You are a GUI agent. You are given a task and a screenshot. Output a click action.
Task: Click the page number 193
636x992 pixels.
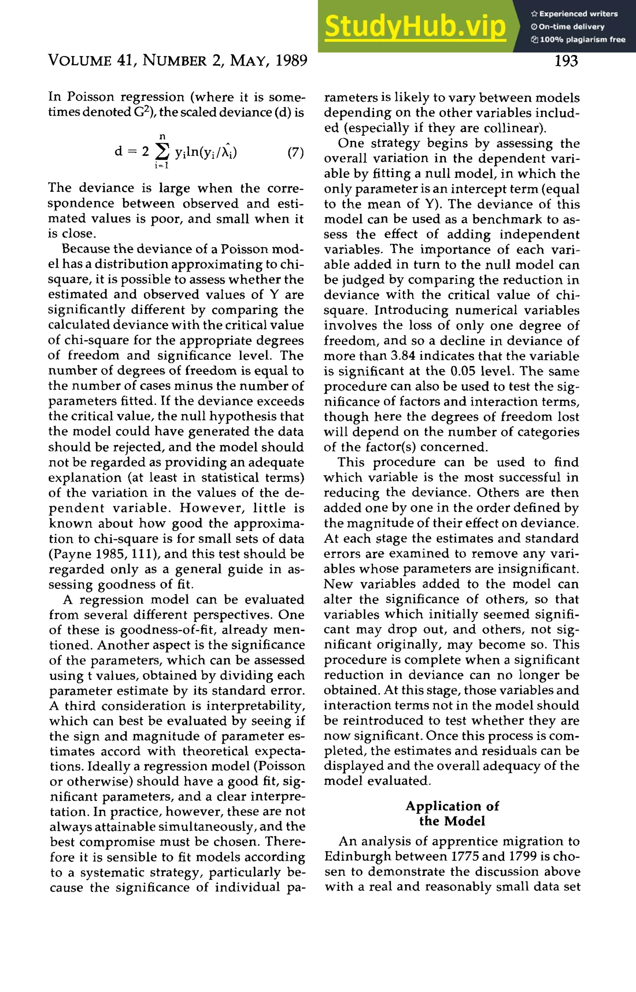[x=566, y=61]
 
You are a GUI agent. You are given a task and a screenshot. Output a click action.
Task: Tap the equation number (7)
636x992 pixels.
[x=295, y=153]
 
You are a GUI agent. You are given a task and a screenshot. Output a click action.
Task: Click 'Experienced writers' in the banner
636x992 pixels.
[x=578, y=14]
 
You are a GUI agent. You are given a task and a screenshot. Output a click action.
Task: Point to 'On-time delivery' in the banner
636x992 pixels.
[x=571, y=27]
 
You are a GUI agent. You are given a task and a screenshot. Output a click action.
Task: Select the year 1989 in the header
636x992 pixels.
[x=291, y=61]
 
